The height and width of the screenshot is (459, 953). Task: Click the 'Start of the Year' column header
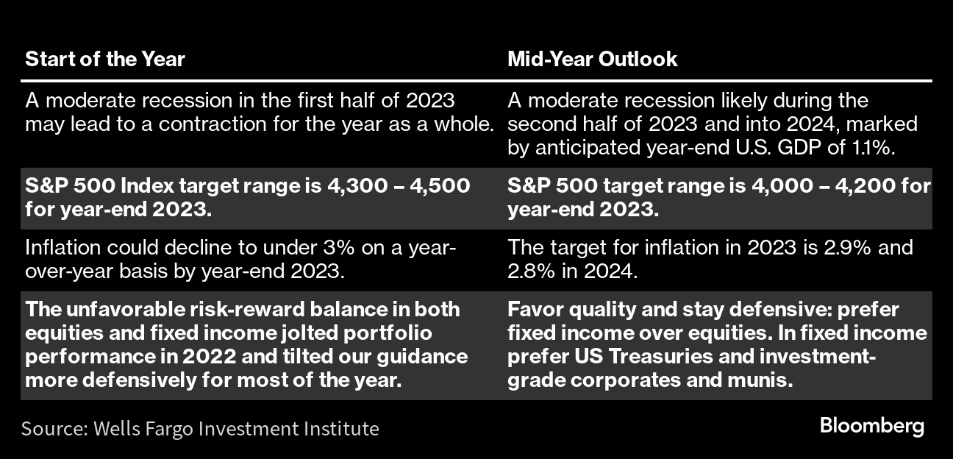105,59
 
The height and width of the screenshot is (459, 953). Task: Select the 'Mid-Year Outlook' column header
592,59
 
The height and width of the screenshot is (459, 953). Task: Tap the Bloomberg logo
871,427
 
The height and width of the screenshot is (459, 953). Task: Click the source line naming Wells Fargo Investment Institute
200,428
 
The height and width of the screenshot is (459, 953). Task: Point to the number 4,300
357,186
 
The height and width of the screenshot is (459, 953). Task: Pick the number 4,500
440,186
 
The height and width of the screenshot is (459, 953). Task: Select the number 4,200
865,186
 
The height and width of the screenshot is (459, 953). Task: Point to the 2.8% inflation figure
532,271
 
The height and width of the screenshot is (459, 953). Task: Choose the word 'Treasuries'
661,357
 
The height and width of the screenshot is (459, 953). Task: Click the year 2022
209,357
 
